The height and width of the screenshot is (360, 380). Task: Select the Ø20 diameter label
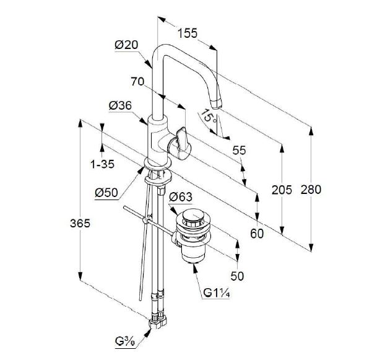[x=126, y=45]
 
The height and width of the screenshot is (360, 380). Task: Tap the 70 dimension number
[x=138, y=81]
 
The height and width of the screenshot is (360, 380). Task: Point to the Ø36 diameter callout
[x=120, y=106]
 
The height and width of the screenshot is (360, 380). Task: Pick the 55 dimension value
[x=240, y=151]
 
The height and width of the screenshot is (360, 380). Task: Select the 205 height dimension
[x=282, y=190]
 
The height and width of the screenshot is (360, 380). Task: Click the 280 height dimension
[x=311, y=190]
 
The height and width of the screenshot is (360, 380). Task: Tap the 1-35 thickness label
[x=102, y=165]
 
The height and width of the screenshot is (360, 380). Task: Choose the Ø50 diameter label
[x=106, y=193]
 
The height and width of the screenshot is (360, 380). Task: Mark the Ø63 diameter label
[x=181, y=198]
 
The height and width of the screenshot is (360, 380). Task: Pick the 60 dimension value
[x=257, y=234]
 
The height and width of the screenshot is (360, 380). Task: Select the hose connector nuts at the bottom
[x=157, y=321]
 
